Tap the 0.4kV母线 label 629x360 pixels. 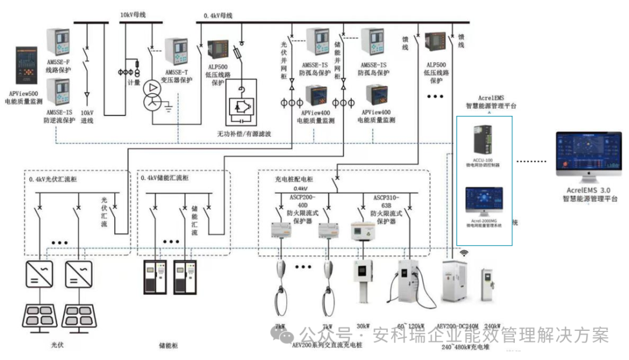point(218,16)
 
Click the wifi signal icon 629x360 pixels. point(465,253)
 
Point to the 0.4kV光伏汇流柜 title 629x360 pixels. point(56,178)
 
